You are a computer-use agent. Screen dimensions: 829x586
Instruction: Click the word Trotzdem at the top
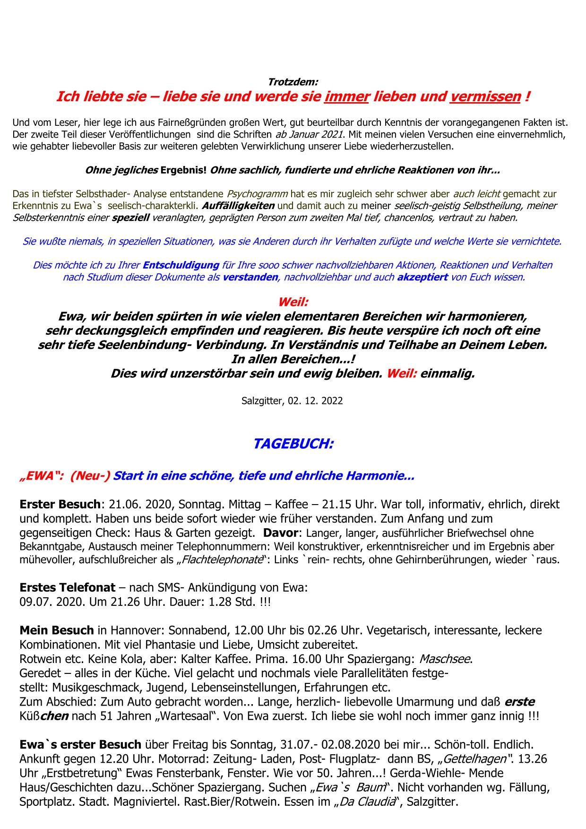tap(293, 82)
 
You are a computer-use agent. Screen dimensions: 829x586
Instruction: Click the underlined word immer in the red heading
tap(346, 96)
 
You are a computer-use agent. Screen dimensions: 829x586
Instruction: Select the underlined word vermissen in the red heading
tap(485, 96)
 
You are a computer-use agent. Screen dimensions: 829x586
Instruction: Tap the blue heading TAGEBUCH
tap(293, 444)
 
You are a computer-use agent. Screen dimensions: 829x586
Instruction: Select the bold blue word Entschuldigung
tap(181, 265)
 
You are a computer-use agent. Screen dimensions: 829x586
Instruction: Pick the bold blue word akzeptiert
tap(422, 277)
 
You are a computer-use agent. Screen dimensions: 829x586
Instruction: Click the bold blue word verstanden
tap(250, 277)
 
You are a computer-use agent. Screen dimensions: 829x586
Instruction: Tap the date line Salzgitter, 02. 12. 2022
tap(292, 401)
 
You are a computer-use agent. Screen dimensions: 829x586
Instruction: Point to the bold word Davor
tap(280, 533)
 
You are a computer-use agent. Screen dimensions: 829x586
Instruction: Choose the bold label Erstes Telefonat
tap(67, 588)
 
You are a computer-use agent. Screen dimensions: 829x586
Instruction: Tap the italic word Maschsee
tap(445, 659)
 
